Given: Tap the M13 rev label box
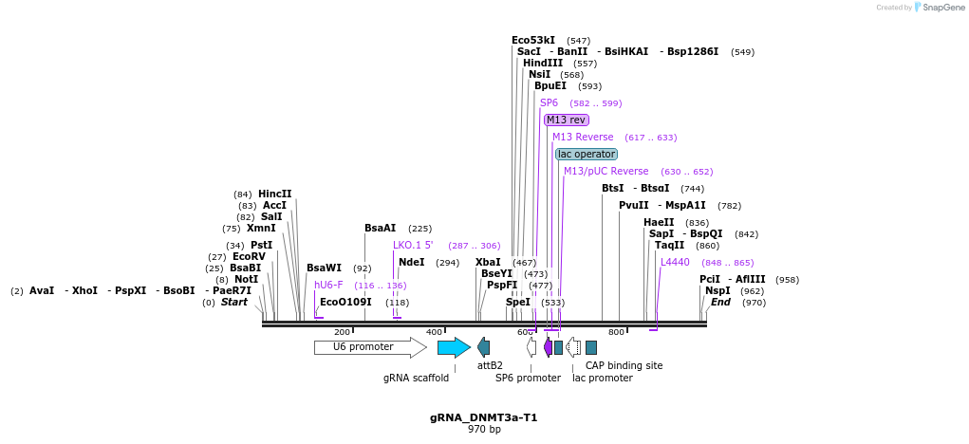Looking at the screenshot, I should [566, 120].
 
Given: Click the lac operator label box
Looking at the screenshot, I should [586, 154].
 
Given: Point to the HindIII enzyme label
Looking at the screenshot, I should [542, 63].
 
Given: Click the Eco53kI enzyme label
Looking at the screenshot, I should [533, 40].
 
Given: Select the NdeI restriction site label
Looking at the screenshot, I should [411, 262].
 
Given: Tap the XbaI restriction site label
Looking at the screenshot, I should [488, 262].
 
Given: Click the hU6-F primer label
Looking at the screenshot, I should [328, 285].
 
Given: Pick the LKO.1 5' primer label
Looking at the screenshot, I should [413, 245].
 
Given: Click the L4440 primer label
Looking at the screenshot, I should [675, 262].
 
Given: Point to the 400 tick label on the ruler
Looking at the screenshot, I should [434, 332].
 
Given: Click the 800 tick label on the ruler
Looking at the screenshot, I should [616, 332].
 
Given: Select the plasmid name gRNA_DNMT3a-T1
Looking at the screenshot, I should [483, 417].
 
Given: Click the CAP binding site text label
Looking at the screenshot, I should [624, 365].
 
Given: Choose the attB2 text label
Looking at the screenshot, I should [490, 365].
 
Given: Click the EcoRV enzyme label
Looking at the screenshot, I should [249, 256].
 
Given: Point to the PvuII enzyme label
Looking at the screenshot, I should [633, 205].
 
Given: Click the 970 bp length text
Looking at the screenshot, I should [484, 430].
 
